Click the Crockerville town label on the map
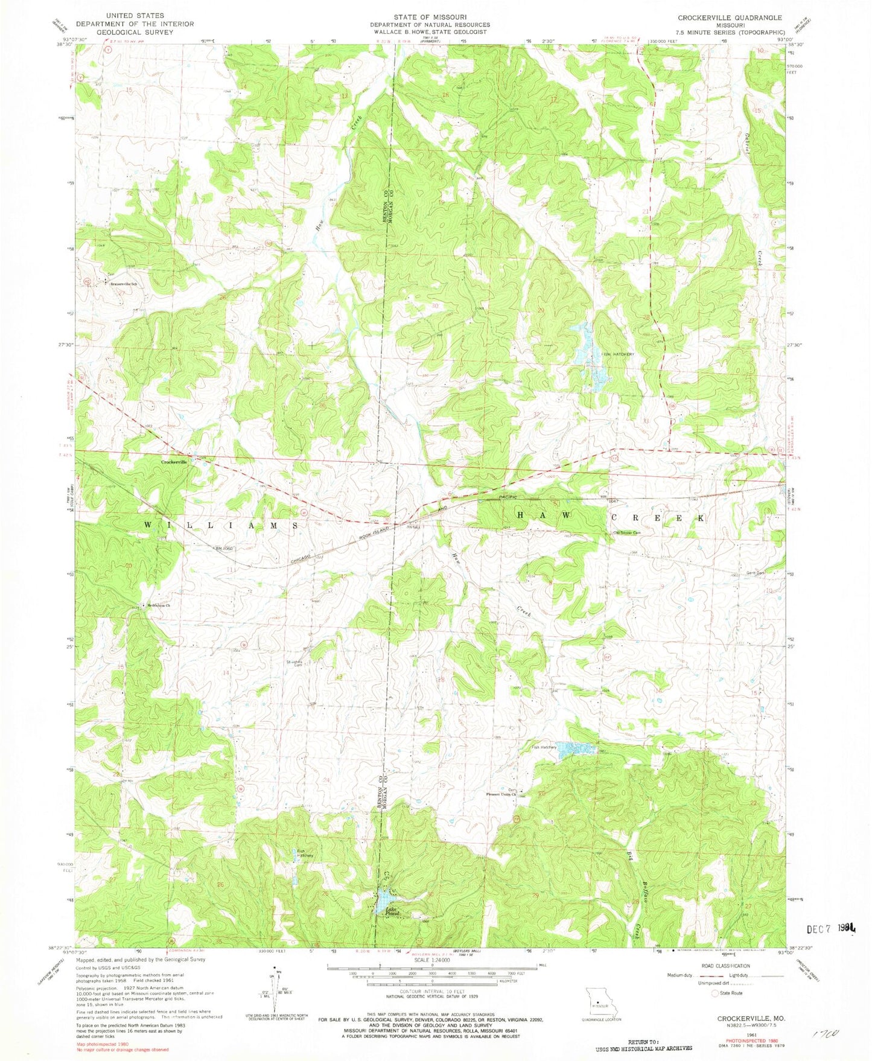tap(174, 462)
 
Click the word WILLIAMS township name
tap(220, 526)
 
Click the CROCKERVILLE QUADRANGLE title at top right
tap(730, 18)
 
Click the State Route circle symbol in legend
tap(716, 993)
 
